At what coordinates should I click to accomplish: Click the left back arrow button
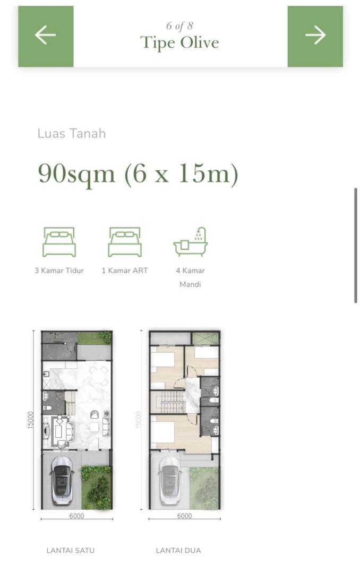coord(46,36)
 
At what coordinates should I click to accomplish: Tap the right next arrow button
coord(315,36)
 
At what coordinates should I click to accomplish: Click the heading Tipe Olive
coord(179,43)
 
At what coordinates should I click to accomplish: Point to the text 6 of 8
coord(179,26)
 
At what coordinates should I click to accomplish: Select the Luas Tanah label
coord(71,133)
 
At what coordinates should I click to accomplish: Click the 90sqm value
coord(76,173)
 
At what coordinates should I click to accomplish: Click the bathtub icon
coord(190,241)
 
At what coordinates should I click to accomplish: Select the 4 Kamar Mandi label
coord(190,277)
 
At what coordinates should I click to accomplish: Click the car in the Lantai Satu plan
coord(62,480)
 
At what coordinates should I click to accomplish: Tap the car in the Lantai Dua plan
coord(170,480)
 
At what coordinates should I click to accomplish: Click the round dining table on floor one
coord(98,376)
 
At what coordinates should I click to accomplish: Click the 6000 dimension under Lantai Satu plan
coord(76,516)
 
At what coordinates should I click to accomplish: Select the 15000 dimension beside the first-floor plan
coord(31,420)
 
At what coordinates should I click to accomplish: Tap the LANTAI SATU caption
coord(70,550)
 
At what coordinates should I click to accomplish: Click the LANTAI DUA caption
coord(178,550)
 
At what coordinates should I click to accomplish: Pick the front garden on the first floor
coord(96,488)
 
